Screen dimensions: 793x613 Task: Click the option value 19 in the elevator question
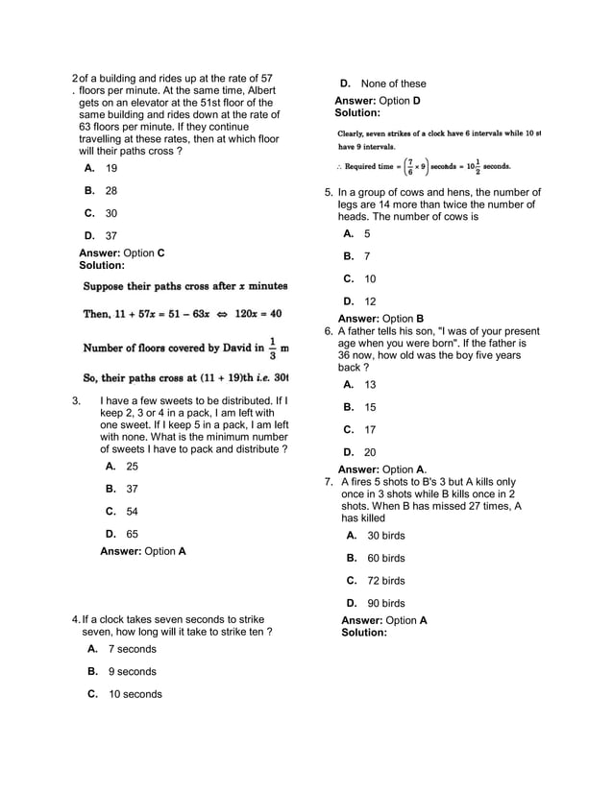tap(111, 168)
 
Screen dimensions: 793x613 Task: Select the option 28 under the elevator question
tap(111, 191)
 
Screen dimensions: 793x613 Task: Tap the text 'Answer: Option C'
tap(121, 252)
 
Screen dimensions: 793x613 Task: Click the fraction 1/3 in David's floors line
tap(272, 347)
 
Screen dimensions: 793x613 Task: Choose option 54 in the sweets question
tap(133, 511)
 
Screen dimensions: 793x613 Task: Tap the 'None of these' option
tap(393, 84)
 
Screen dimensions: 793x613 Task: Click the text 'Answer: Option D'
tap(377, 100)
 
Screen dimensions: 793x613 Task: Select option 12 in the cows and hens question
tap(370, 301)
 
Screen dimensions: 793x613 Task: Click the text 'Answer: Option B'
tap(380, 318)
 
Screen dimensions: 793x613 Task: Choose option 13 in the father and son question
tap(370, 384)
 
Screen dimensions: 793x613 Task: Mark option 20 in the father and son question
tap(370, 452)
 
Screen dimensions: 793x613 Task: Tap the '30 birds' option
tap(385, 535)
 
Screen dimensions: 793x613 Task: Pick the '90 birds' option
tap(385, 603)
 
